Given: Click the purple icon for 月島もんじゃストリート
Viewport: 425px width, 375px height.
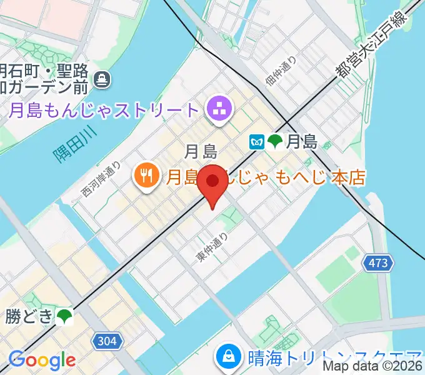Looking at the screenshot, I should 219,111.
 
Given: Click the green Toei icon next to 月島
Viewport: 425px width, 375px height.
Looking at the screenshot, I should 275,142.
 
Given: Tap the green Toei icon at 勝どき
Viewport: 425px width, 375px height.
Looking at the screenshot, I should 64,316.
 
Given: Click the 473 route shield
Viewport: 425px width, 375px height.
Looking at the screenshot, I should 379,263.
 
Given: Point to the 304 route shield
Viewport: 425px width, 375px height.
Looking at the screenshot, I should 107,341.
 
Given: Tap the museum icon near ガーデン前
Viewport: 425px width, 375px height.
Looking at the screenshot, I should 102,79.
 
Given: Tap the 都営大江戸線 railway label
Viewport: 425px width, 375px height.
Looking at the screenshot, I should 374,43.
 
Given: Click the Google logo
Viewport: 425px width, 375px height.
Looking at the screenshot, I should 42,360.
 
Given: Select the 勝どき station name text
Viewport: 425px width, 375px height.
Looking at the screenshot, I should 30,316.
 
